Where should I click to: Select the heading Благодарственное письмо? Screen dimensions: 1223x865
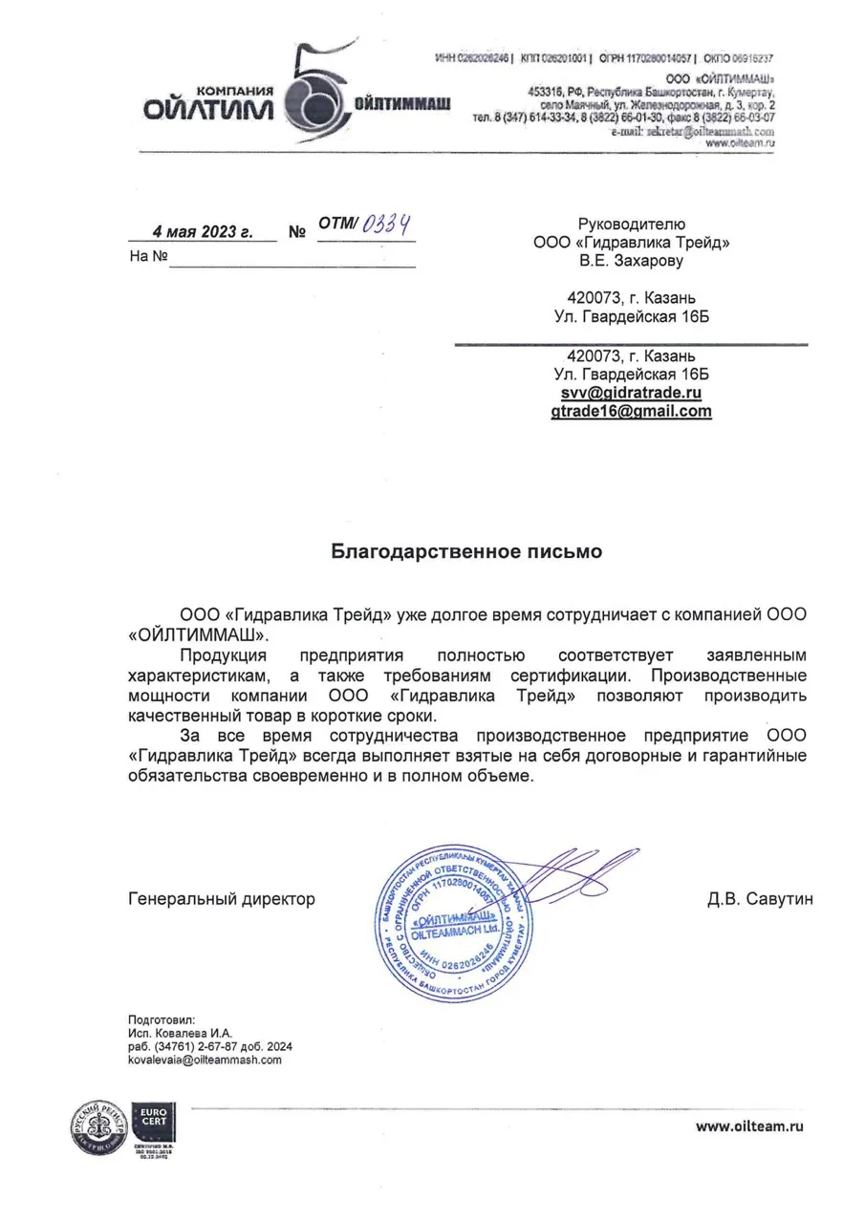point(466,551)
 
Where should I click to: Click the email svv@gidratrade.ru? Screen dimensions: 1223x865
point(632,393)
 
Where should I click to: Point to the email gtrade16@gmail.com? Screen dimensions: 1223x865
point(632,412)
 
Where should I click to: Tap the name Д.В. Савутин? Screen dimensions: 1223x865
point(761,899)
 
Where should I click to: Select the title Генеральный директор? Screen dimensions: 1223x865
point(221,899)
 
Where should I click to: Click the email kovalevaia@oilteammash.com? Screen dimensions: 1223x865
point(205,1060)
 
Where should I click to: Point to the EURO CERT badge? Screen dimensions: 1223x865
point(154,1121)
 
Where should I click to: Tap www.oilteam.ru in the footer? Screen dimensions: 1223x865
point(749,1126)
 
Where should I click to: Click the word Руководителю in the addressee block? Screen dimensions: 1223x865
point(632,224)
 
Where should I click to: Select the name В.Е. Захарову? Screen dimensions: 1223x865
point(632,260)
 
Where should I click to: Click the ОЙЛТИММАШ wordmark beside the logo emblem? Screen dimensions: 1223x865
point(402,102)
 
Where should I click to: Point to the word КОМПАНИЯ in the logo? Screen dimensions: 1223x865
point(241,90)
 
